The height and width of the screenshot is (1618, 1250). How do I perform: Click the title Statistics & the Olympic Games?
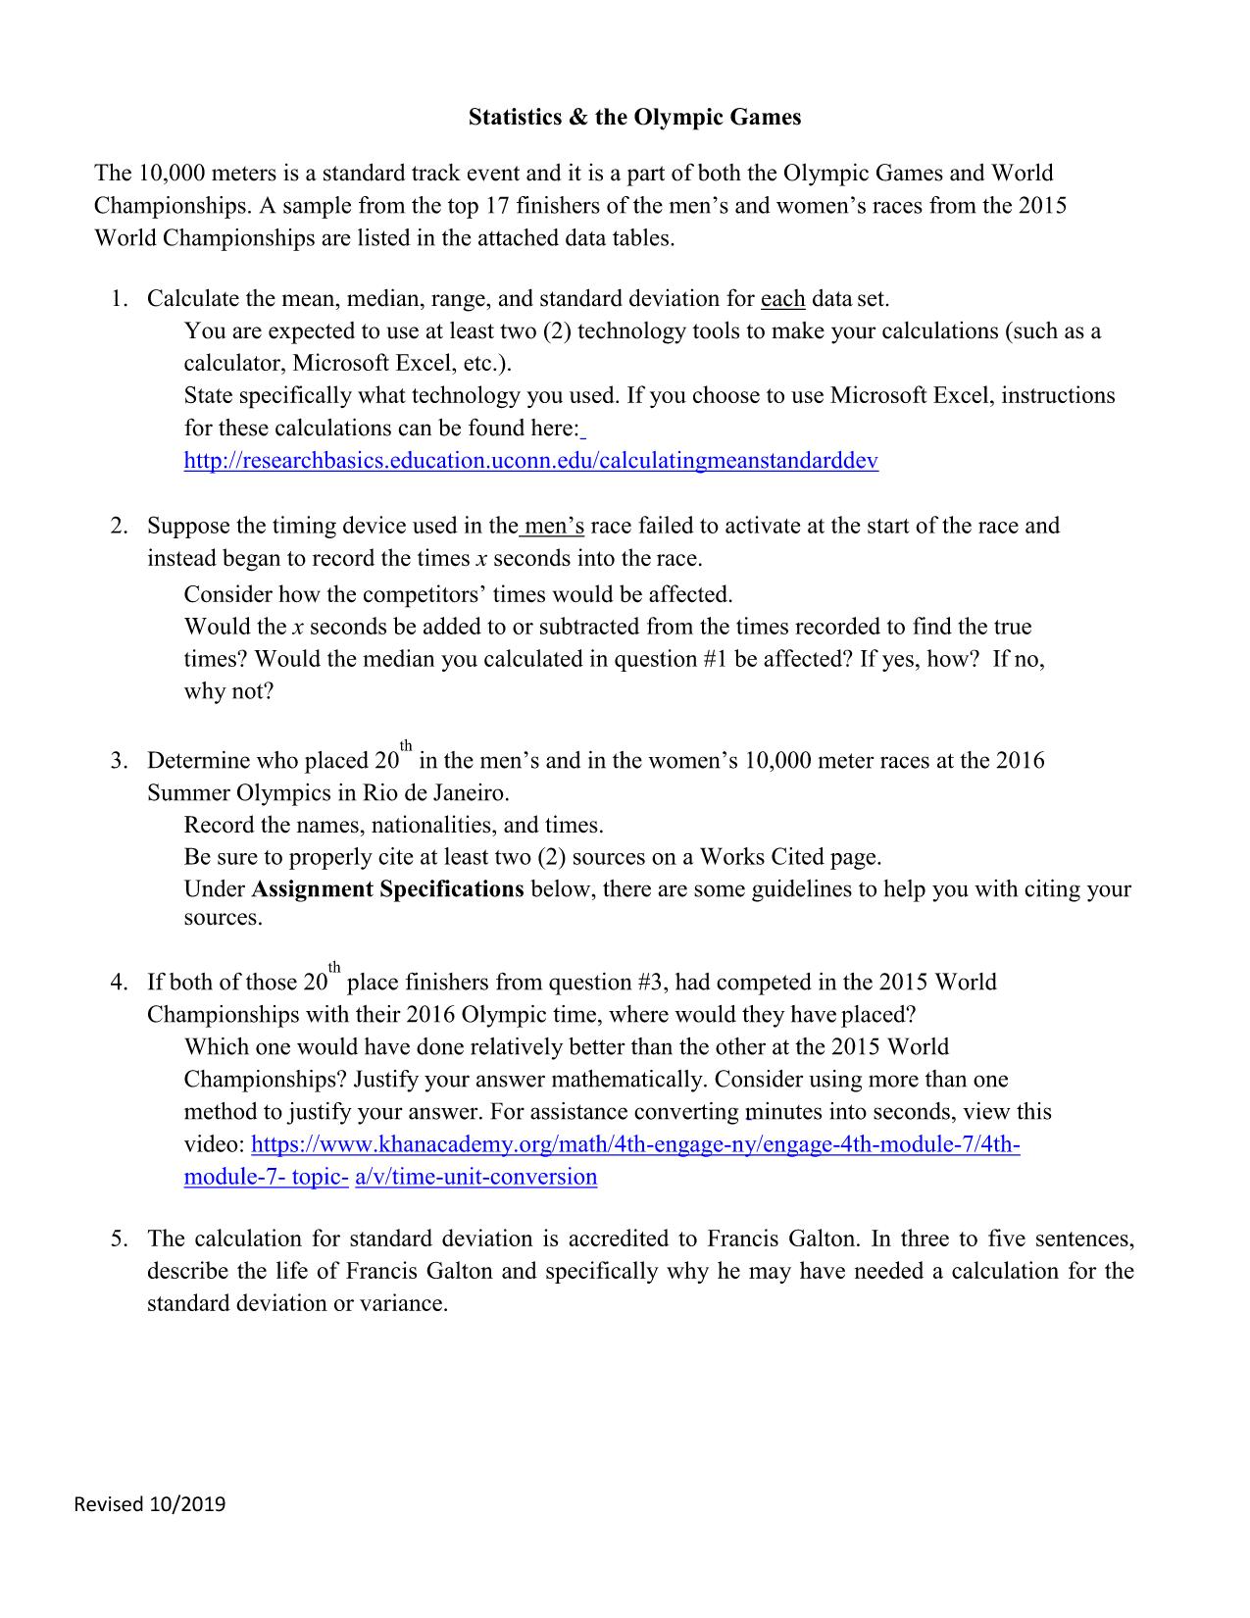coord(634,118)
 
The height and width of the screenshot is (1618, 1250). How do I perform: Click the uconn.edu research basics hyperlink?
coord(530,461)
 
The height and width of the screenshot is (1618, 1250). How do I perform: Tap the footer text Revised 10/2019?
coord(150,1503)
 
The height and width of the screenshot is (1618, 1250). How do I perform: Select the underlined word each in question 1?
coord(782,298)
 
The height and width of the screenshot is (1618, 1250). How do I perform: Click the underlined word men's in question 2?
coord(554,527)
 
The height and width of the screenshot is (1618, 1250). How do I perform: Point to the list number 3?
coord(118,761)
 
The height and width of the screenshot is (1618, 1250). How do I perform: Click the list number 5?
coord(118,1239)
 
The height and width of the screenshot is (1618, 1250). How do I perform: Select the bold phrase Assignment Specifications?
coord(387,889)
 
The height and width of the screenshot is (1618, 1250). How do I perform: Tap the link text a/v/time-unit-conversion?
coord(475,1177)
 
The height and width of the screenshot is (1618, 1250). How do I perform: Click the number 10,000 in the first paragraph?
coord(165,175)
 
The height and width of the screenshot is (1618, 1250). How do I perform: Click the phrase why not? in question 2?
coord(228,691)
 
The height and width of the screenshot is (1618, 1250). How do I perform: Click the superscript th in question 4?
coord(334,969)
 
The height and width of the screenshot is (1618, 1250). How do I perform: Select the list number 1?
coord(118,298)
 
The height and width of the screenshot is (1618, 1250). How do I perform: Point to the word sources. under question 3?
coord(224,919)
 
